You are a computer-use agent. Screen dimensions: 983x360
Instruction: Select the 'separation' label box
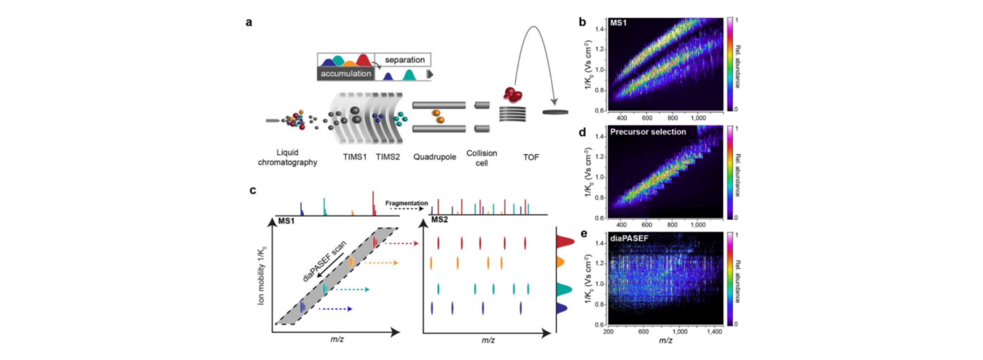click(x=404, y=60)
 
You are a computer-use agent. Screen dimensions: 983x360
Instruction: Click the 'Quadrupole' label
click(x=435, y=157)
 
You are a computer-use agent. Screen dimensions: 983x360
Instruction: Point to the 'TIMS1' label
click(x=355, y=157)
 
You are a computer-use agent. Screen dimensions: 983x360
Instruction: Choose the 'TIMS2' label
click(x=388, y=157)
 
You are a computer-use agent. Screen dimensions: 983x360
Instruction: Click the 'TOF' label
click(x=531, y=157)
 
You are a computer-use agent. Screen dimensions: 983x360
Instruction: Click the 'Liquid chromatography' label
click(x=287, y=157)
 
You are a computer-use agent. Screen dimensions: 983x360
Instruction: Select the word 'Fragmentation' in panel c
click(x=407, y=203)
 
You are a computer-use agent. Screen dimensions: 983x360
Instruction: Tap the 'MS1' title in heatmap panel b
click(x=618, y=23)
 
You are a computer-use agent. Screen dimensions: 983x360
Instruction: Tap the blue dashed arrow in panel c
click(x=335, y=309)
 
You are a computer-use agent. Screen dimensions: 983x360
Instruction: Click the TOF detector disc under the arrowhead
click(x=555, y=112)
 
